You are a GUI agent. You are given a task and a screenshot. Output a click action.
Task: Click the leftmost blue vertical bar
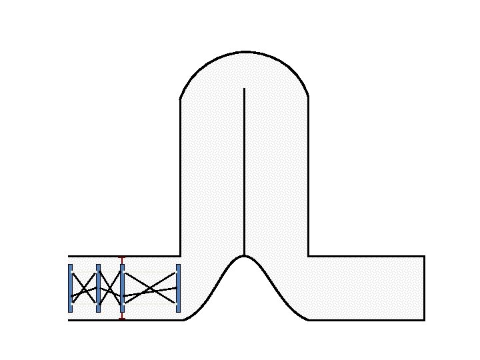(70, 288)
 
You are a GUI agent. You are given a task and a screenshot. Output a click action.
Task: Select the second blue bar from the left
(98, 288)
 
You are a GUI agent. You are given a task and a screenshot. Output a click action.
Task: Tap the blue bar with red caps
(122, 288)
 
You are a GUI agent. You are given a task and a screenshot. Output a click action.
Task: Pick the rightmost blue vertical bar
(178, 288)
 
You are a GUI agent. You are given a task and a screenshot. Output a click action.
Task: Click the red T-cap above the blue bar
(121, 258)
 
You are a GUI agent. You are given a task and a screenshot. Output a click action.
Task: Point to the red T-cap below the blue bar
(121, 319)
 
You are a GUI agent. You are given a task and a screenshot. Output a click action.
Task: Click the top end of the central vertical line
(244, 88)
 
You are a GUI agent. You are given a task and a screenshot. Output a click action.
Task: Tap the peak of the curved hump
(244, 256)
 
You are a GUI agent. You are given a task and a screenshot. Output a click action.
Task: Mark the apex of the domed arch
(244, 51)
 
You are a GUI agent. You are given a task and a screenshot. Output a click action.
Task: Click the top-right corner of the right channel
(424, 256)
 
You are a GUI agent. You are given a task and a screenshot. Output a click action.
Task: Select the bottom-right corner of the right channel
(424, 320)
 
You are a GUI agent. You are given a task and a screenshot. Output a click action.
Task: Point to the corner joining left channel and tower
(181, 256)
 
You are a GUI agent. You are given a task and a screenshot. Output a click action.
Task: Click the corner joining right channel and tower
(308, 256)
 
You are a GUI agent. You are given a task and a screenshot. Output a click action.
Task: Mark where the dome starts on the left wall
(181, 99)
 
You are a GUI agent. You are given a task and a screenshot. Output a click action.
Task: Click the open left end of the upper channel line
(69, 256)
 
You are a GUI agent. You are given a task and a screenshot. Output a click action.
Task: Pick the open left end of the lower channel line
(69, 320)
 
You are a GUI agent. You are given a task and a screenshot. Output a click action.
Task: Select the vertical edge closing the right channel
(424, 288)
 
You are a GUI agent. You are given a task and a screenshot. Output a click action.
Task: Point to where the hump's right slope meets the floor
(308, 320)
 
